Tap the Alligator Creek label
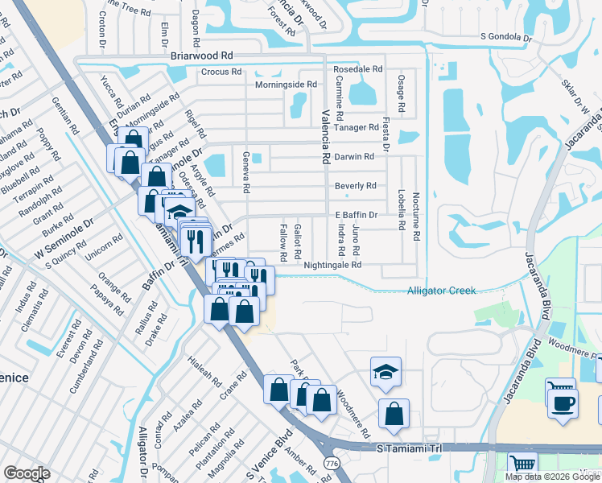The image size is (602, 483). coord(441,291)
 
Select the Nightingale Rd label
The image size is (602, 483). coord(332,265)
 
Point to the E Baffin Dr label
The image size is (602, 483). coord(356,215)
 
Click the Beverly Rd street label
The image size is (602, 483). coord(356,186)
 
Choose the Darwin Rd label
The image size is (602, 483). coord(355,157)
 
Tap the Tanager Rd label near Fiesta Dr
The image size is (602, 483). coord(357,127)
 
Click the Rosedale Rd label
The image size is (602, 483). coord(358,69)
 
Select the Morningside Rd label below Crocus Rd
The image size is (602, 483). coord(286,85)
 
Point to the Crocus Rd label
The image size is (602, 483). coord(221,72)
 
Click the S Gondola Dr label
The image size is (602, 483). coord(507,36)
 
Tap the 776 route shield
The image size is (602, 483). coord(331,463)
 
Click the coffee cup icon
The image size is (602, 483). coord(563,402)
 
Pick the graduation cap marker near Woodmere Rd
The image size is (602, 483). coord(386,371)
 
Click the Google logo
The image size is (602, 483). coord(27,473)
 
